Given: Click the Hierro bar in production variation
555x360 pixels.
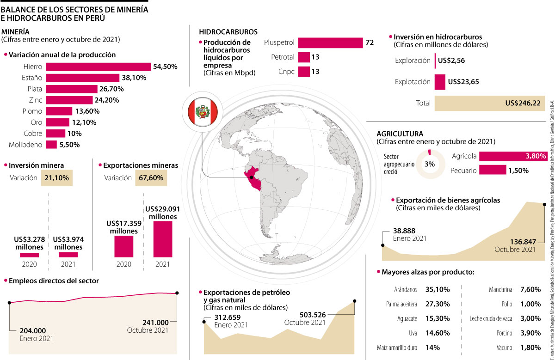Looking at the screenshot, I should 98,67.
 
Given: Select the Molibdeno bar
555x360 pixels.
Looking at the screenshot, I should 51,145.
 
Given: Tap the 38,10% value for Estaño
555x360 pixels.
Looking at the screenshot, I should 134,78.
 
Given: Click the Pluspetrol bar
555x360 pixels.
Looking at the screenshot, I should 330,43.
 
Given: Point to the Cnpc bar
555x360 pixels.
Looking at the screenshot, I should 303,72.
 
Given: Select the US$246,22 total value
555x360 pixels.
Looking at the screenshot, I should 523,103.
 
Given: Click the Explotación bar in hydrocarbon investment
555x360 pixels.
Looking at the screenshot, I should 440,82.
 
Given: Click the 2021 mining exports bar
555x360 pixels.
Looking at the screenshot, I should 162,239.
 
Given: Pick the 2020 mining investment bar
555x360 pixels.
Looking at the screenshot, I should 29,255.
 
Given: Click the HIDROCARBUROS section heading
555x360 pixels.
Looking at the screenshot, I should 228,32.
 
